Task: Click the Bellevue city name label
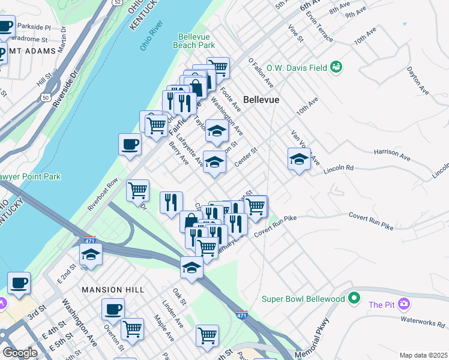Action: [x=261, y=100]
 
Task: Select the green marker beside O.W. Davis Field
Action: [x=336, y=67]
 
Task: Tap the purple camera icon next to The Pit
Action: [x=405, y=304]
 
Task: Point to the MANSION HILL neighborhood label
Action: [x=114, y=290]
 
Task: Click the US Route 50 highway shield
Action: [x=46, y=97]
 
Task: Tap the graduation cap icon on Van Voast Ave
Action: [x=299, y=159]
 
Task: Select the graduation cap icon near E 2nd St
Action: [x=91, y=254]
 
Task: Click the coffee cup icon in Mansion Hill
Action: [x=113, y=310]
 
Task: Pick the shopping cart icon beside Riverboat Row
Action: [x=137, y=191]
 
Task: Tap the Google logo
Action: [x=19, y=353]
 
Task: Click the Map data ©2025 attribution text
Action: [x=423, y=355]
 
